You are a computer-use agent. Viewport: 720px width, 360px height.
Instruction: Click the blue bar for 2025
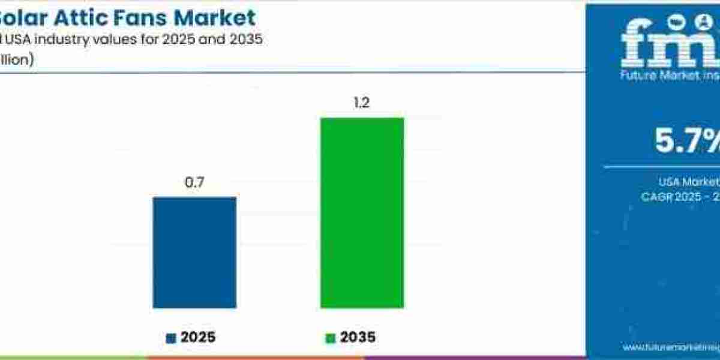pos(194,252)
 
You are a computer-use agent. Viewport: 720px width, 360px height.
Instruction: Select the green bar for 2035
pos(362,212)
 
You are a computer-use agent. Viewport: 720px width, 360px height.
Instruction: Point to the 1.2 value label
pos(361,103)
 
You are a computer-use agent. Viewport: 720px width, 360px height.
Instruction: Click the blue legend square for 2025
pos(171,338)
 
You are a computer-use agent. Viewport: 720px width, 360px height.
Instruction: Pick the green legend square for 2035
pos(330,338)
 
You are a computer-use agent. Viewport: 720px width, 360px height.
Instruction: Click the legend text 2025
pos(197,338)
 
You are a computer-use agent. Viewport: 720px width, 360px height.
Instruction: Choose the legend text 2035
pos(358,338)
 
